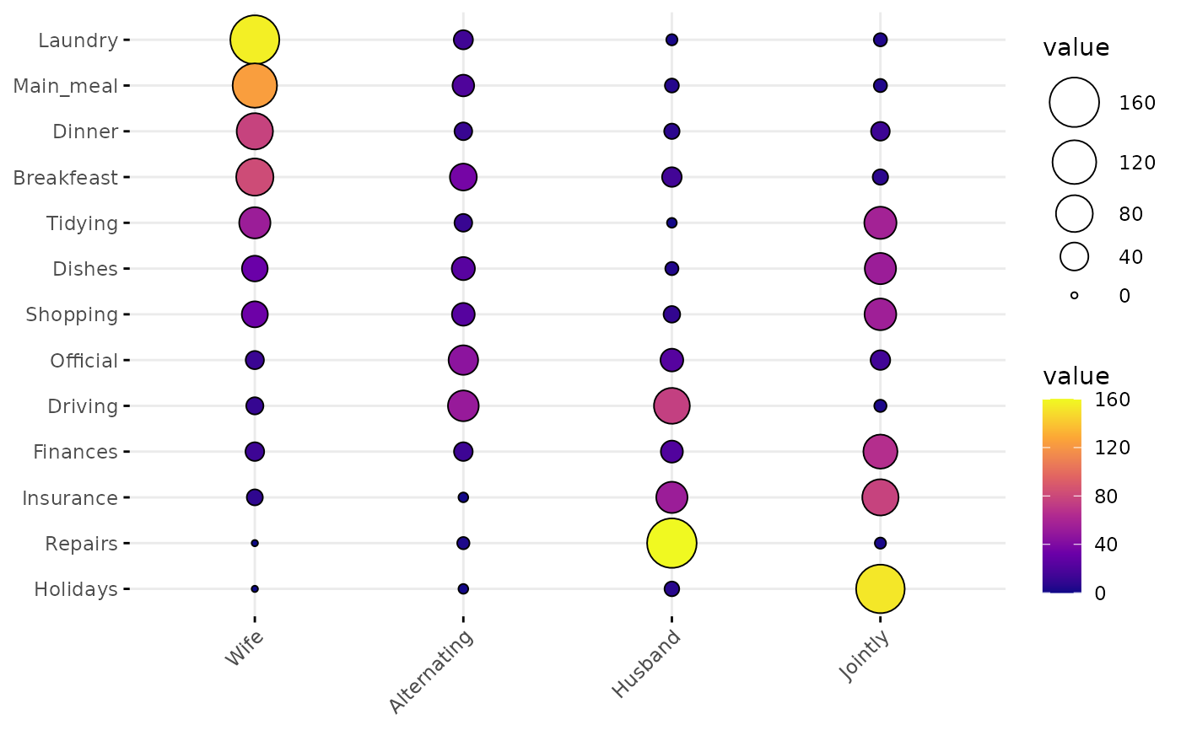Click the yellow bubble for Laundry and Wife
[255, 40]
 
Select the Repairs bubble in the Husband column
[671, 543]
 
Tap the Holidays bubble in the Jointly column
[880, 588]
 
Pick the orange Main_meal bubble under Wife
[255, 85]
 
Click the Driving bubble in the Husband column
[671, 405]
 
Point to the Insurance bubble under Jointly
[880, 497]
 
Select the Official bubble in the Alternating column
[463, 360]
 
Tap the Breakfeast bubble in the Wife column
[255, 177]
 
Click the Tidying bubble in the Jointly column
[880, 223]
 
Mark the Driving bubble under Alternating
[463, 405]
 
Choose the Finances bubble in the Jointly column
[880, 452]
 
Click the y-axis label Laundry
[78, 40]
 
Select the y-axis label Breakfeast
[65, 178]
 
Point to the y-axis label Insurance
[69, 498]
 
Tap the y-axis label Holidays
[75, 589]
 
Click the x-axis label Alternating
[431, 671]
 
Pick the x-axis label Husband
[646, 663]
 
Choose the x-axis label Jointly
[865, 656]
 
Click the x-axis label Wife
[245, 647]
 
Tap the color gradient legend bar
[1061, 496]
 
